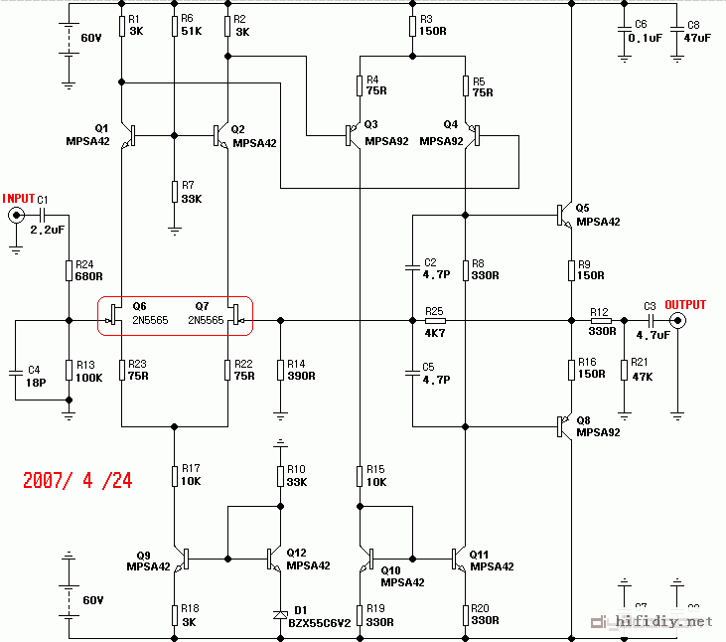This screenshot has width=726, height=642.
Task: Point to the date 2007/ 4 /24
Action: [77, 480]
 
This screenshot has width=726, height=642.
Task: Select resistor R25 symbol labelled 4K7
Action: [434, 321]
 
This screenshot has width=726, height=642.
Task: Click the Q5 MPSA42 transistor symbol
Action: [562, 213]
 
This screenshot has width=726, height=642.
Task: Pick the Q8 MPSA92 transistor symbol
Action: [562, 426]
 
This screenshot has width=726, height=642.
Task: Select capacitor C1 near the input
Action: [43, 216]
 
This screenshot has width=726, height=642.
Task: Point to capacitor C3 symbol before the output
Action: [650, 321]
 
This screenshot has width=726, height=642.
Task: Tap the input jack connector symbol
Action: [16, 217]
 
